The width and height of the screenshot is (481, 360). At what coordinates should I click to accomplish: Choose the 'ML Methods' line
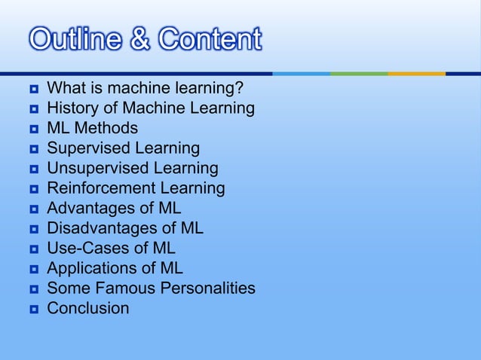(x=92, y=128)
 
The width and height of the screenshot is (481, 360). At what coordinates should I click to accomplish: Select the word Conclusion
(x=87, y=308)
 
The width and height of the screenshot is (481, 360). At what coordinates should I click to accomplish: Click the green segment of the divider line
(x=359, y=74)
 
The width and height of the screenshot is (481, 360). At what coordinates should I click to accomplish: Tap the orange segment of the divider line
(x=416, y=74)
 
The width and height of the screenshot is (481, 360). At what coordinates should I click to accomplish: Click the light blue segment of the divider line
(x=301, y=74)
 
